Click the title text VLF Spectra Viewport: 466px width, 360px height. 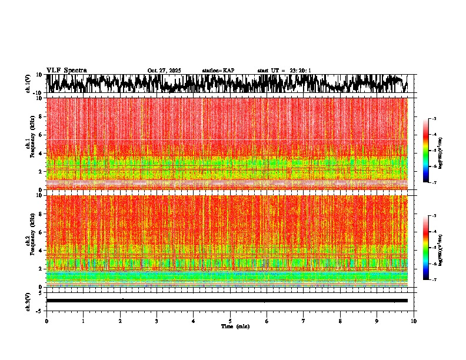pos(66,70)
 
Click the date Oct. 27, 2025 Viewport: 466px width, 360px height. pos(164,71)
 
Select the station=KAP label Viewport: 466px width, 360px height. pos(218,71)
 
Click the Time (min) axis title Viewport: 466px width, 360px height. pos(235,326)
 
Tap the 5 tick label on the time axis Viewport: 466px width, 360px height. pos(230,321)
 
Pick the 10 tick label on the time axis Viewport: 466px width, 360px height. pos(414,321)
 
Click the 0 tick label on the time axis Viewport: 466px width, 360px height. pos(46,321)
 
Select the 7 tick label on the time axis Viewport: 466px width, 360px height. pos(304,321)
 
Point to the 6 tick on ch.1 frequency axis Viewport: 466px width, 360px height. pos(41,135)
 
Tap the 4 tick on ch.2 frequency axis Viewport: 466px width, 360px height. pos(41,250)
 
